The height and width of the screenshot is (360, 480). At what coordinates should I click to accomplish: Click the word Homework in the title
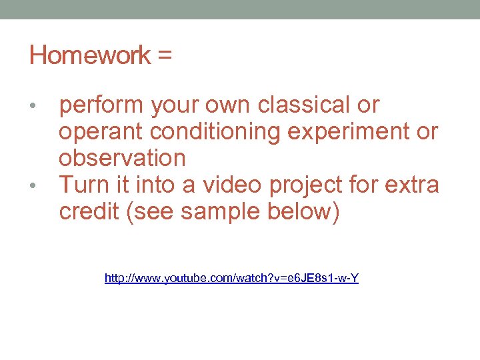coord(90,55)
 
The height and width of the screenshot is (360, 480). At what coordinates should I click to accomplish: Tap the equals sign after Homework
coord(165,56)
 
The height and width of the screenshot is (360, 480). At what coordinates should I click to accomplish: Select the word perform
coord(101,106)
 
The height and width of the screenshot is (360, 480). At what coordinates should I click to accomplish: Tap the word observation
coord(122,158)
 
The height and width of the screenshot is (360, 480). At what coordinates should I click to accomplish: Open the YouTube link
coord(231,278)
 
